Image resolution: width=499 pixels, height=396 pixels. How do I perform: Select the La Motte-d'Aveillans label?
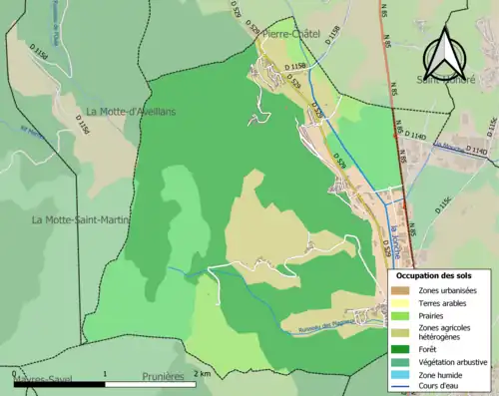[131, 111]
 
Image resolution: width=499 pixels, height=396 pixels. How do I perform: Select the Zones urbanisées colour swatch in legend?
[402, 289]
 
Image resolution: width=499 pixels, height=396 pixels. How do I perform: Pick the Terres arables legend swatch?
[402, 302]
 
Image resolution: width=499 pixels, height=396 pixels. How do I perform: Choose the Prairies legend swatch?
[402, 315]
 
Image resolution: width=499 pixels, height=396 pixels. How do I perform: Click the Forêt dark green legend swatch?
[402, 348]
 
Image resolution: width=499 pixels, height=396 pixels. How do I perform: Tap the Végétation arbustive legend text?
[453, 361]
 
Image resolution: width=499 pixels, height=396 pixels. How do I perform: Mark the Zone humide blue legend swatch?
[402, 374]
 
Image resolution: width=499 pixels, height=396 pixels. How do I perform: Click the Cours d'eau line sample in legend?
[402, 387]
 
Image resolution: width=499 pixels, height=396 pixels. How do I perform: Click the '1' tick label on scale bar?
[106, 373]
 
